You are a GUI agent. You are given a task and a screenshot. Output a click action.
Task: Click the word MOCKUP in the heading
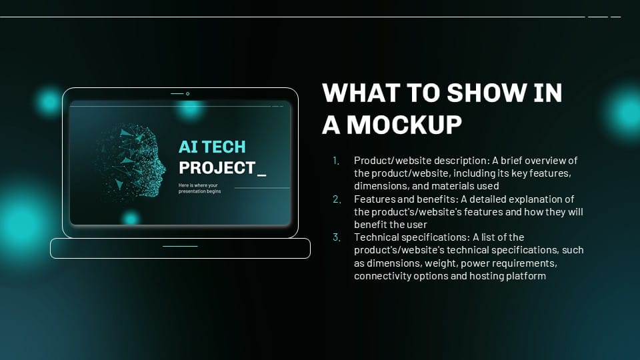(x=404, y=125)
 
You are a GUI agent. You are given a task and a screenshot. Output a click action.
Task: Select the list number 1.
(x=337, y=161)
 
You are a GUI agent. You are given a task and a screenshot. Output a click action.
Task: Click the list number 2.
(x=337, y=199)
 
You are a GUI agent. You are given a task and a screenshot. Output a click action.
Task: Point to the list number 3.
(x=337, y=237)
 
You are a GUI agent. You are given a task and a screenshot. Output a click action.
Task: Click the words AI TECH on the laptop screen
(x=212, y=147)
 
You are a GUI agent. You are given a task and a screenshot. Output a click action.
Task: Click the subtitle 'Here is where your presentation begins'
(x=199, y=188)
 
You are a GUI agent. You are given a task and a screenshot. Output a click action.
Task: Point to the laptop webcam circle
(x=188, y=94)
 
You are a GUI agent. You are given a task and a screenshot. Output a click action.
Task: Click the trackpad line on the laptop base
(x=180, y=246)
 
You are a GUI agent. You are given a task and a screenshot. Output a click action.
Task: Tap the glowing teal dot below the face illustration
(x=130, y=218)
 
